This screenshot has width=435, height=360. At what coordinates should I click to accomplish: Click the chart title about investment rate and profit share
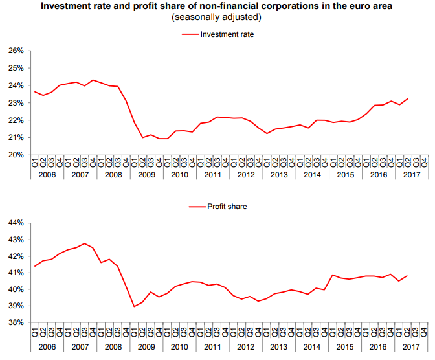[x=217, y=6]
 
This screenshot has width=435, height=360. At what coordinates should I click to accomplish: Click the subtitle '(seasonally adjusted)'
[x=217, y=17]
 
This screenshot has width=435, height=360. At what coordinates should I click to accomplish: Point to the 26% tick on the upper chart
[x=16, y=51]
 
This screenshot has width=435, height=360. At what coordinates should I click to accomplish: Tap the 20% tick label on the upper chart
[x=16, y=155]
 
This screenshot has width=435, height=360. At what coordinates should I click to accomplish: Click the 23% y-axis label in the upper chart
[x=16, y=103]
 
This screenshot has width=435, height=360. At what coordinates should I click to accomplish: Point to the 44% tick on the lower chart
[x=16, y=223]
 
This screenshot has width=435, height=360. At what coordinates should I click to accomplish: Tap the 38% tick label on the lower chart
[x=16, y=322]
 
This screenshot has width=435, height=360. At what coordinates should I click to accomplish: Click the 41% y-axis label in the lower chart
[x=16, y=273]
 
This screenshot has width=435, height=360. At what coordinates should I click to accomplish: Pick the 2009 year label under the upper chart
[x=146, y=175]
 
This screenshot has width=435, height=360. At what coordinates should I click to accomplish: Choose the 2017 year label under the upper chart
[x=411, y=175]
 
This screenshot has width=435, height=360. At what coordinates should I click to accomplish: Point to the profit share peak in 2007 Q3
[x=84, y=243]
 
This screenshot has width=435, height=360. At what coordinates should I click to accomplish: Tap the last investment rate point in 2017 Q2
[x=407, y=98]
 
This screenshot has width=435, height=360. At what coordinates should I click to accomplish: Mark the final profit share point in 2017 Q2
[x=407, y=276]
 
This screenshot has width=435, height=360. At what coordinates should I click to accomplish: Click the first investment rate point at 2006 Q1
[x=35, y=91]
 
